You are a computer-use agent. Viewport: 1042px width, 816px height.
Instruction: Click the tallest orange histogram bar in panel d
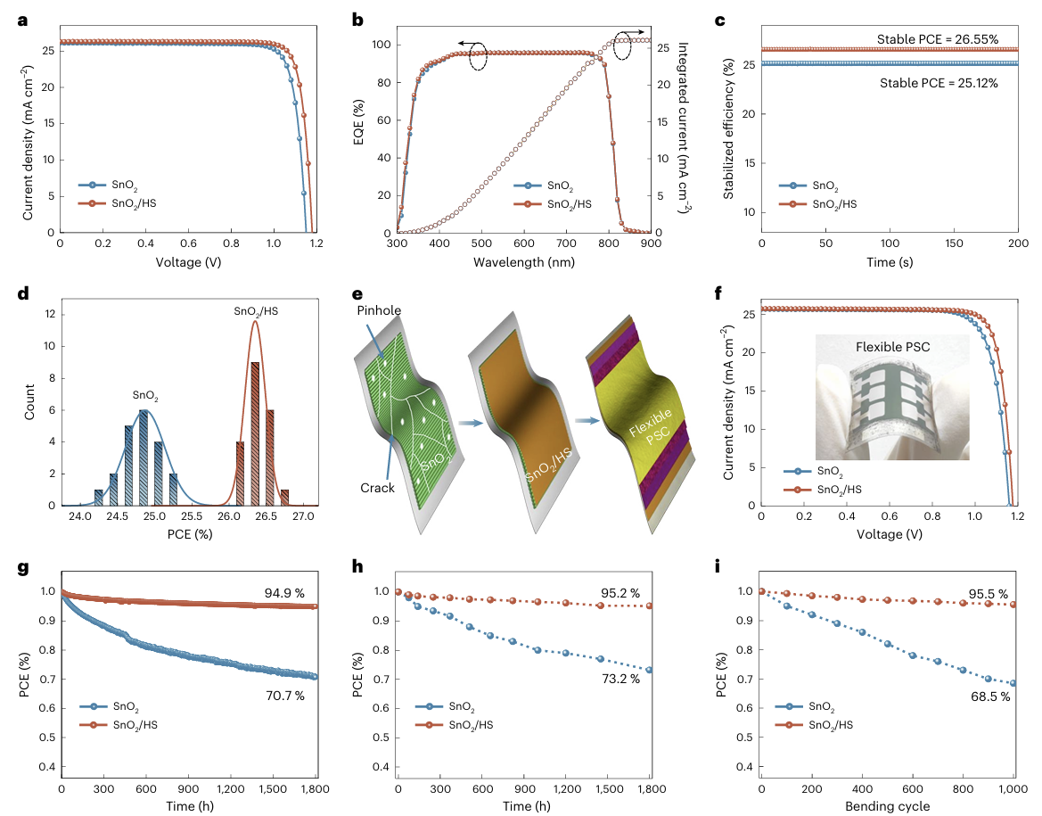point(254,433)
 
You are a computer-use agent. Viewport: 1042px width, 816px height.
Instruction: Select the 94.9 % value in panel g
point(285,593)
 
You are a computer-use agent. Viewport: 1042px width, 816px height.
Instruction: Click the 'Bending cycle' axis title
point(888,807)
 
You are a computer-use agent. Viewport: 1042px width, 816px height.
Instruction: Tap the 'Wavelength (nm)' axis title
point(524,262)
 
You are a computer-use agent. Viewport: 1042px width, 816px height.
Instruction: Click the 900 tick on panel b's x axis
point(651,243)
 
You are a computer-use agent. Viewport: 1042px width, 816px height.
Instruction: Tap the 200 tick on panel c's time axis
point(1018,243)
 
